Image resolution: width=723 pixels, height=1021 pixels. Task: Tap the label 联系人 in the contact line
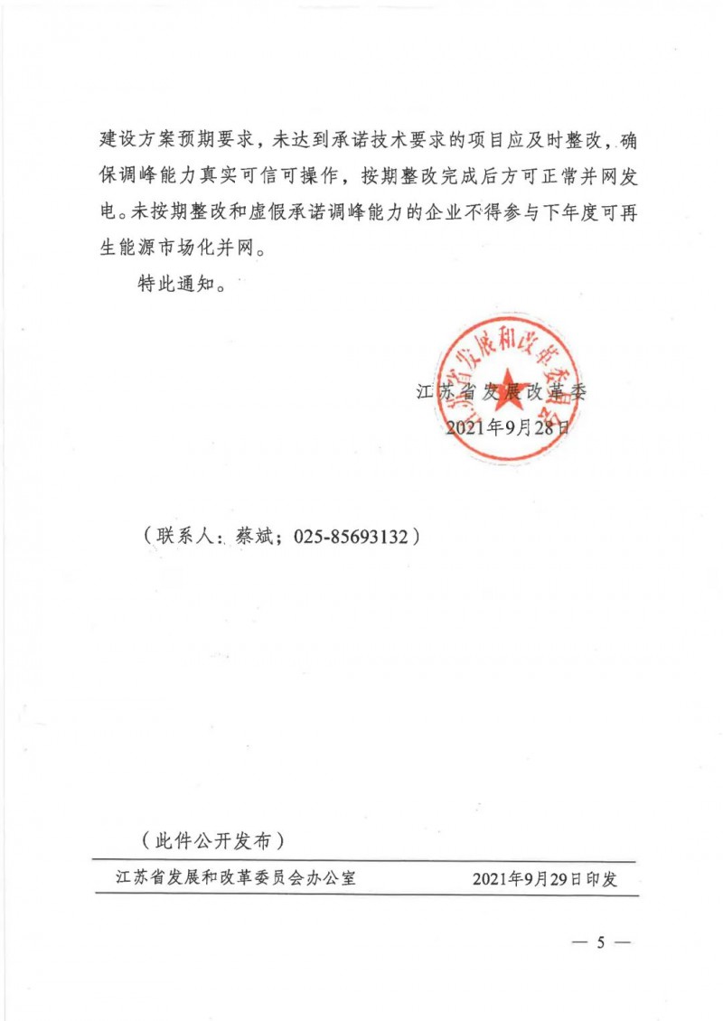point(184,537)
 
